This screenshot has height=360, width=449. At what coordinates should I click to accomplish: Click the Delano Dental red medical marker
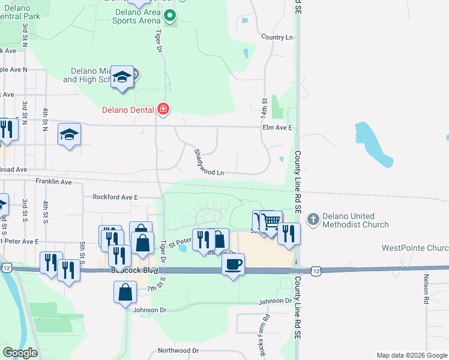tap(163, 109)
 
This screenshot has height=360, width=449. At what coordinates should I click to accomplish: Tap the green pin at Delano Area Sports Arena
tap(170, 16)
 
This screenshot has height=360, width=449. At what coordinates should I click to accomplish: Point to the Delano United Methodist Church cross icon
tap(312, 220)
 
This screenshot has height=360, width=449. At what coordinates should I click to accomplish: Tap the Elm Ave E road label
tap(277, 128)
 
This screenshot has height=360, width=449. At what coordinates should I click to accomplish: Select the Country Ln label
tap(277, 37)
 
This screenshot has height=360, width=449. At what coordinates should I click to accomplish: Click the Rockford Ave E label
tap(115, 197)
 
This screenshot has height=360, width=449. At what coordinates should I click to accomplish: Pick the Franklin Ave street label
tap(53, 181)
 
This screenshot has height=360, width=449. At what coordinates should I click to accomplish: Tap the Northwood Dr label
tap(178, 350)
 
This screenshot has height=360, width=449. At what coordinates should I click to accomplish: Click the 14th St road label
tap(264, 109)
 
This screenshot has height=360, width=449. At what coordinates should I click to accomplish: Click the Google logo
tap(20, 353)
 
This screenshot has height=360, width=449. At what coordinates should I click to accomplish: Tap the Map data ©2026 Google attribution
tap(411, 355)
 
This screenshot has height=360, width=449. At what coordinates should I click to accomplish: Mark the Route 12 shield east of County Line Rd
tap(315, 271)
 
